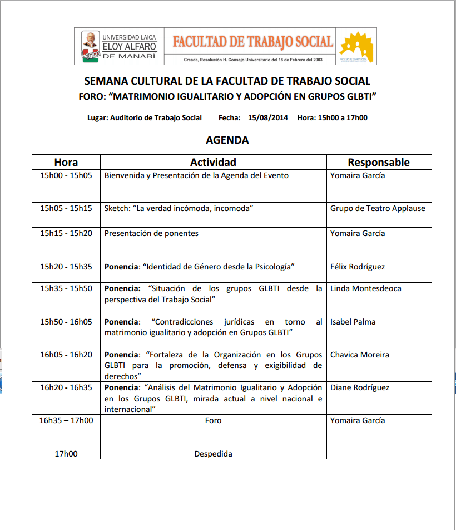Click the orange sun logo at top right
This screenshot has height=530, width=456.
coord(356,46)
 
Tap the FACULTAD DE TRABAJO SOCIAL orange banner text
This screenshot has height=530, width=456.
coord(253,42)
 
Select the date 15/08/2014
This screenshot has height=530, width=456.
coord(268,117)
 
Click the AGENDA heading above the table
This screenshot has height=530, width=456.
coord(227,140)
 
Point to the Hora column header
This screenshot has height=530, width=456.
coord(66,162)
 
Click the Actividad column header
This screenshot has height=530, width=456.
coord(213,162)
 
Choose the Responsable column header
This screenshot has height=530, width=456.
coord(379,162)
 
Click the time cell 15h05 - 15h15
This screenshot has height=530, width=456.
coord(66,208)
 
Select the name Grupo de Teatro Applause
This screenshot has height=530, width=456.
coord(378,208)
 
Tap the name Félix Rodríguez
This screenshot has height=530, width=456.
coord(358,267)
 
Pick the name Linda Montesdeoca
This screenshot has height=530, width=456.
coord(365,288)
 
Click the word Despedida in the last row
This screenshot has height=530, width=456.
coord(213,454)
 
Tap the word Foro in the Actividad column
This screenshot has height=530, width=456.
coord(213,420)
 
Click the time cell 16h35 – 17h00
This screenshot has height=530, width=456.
coord(66,420)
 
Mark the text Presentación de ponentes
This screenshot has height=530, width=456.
coord(151,233)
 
